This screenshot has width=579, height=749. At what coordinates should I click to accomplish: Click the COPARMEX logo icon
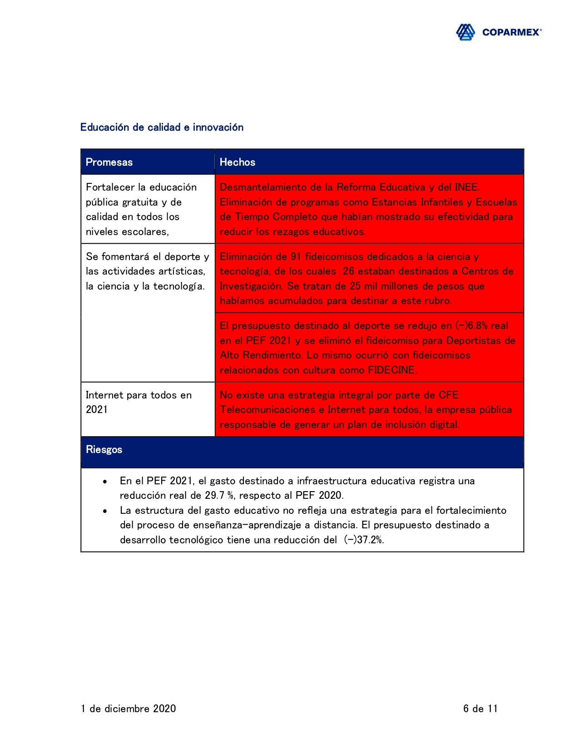pyautogui.click(x=465, y=32)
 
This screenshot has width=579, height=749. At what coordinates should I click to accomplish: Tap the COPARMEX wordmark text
pyautogui.click(x=511, y=32)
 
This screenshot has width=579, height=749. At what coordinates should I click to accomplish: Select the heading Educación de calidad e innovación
pyautogui.click(x=162, y=128)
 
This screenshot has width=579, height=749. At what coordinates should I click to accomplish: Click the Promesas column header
pyautogui.click(x=109, y=163)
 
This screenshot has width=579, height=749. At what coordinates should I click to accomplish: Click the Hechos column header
pyautogui.click(x=238, y=163)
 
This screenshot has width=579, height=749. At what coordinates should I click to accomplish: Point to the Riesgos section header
pyautogui.click(x=104, y=450)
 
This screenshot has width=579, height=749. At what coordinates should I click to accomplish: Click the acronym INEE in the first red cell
pyautogui.click(x=465, y=187)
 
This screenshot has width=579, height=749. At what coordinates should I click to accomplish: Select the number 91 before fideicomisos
pyautogui.click(x=296, y=257)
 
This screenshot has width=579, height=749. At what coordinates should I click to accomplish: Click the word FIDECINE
pyautogui.click(x=391, y=370)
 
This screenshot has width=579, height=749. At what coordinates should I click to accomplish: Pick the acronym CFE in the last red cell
pyautogui.click(x=448, y=395)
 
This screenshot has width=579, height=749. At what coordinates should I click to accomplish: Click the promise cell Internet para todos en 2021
pyautogui.click(x=139, y=402)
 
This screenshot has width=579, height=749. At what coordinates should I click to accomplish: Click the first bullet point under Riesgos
pyautogui.click(x=105, y=481)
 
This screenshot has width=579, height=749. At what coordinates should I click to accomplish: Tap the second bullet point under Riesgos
pyautogui.click(x=105, y=511)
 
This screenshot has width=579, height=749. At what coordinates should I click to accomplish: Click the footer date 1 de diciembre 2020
pyautogui.click(x=129, y=709)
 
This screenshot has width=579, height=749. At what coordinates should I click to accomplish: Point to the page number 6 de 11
pyautogui.click(x=480, y=709)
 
